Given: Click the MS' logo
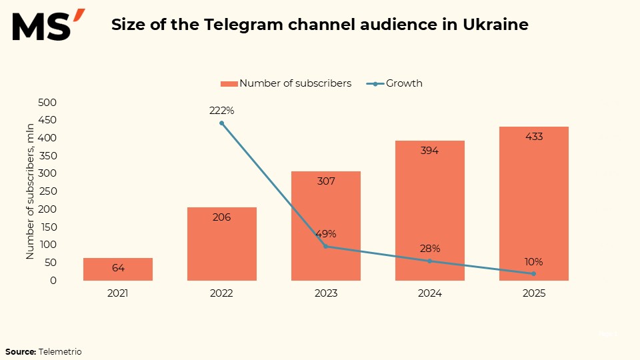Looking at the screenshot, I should pyautogui.click(x=47, y=26).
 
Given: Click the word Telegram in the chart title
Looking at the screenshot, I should pyautogui.click(x=234, y=25).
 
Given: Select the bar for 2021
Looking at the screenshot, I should pyautogui.click(x=118, y=269).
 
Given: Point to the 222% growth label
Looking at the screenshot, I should pyautogui.click(x=221, y=111).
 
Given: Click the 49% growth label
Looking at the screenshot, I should pyautogui.click(x=325, y=234).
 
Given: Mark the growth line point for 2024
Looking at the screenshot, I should pyautogui.click(x=430, y=261).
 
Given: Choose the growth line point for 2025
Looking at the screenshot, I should pyautogui.click(x=534, y=273).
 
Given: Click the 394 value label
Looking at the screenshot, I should pyautogui.click(x=430, y=151).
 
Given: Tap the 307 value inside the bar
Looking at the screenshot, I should pyautogui.click(x=326, y=181).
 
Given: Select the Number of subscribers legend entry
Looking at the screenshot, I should pyautogui.click(x=286, y=83).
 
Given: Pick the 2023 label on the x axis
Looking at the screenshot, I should pyautogui.click(x=326, y=293).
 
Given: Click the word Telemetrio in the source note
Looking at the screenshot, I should pyautogui.click(x=60, y=351).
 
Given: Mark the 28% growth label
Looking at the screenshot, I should pyautogui.click(x=430, y=249).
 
